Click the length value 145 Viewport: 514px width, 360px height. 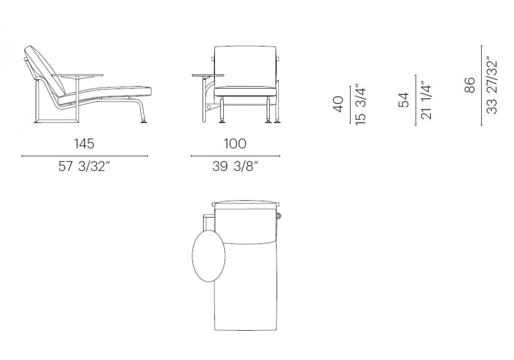tap(84, 143)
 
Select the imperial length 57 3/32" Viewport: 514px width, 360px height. tap(84, 167)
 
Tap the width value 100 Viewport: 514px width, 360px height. tap(235, 143)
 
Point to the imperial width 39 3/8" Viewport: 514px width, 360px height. tap(235, 167)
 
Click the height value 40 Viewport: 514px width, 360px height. tap(338, 104)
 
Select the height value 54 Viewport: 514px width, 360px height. tap(404, 100)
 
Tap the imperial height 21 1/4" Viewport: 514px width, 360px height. tap(426, 100)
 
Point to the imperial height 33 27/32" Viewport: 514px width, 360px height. tap(492, 87)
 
